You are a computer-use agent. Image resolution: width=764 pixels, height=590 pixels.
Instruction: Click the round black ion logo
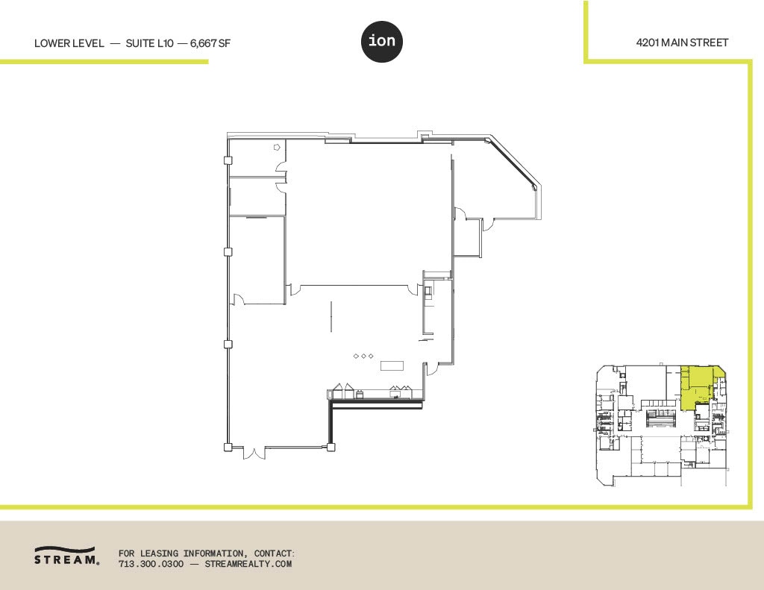tap(382, 43)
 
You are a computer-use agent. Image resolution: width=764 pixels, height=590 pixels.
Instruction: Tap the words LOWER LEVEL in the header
tap(69, 43)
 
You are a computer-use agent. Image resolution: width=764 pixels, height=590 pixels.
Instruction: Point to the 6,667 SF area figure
tap(210, 43)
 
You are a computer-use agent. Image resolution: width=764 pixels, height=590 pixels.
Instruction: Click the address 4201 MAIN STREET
tap(682, 43)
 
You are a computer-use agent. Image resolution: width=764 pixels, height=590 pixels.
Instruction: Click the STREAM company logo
tap(66, 556)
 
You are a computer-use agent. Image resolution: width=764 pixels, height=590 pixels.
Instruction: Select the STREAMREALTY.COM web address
tap(248, 564)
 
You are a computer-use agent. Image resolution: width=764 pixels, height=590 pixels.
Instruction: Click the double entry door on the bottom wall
tap(253, 451)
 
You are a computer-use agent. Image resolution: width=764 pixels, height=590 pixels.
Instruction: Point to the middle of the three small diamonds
tap(363, 357)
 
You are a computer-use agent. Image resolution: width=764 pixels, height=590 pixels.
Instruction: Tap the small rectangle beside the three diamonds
tap(392, 365)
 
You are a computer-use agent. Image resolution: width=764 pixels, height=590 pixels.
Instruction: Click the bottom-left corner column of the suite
tap(228, 447)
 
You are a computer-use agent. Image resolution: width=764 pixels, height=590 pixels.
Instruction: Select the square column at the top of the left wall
tap(228, 160)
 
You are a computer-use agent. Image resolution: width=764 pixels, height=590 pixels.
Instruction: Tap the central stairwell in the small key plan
tap(657, 418)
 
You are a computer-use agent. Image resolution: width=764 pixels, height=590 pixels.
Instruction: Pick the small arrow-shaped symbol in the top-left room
tap(277, 148)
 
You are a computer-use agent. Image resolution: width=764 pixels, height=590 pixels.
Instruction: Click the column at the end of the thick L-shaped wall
tap(330, 447)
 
